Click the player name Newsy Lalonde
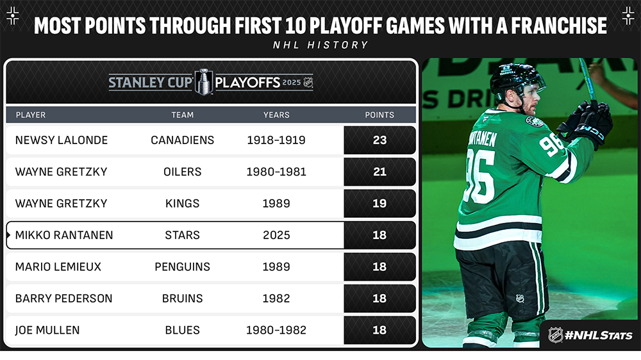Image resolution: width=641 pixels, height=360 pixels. pos(62,140)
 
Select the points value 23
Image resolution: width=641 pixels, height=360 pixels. pos(379,140)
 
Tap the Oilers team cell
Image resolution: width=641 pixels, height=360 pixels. pos(182,172)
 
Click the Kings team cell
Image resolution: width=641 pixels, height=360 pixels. pos(182,204)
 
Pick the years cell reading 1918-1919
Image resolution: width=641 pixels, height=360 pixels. pos(276,140)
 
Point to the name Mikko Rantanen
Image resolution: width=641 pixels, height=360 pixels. pos(63,235)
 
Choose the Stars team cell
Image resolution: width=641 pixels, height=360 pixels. pos(182,235)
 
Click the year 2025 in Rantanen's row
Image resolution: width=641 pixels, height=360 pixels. pos(276,235)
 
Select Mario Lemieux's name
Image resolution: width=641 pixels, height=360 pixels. pos(58,267)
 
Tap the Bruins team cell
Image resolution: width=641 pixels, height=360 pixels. pos(182,299)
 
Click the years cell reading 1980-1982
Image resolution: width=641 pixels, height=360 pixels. pos(276,330)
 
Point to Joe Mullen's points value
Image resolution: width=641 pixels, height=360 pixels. pos(379,330)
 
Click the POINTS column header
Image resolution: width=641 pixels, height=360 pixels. pos(379,115)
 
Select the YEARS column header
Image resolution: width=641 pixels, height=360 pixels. pos(276,115)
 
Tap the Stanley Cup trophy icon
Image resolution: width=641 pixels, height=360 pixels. pos(204,82)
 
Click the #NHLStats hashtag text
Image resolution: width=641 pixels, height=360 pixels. pos(599,336)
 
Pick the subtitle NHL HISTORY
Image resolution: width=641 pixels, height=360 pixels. pos(320,45)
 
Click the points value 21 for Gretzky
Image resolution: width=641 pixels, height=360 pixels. pos(379,172)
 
